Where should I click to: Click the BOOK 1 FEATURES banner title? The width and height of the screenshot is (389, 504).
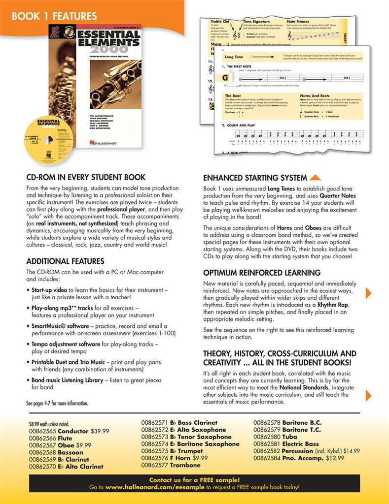pyautogui.click(x=54, y=16)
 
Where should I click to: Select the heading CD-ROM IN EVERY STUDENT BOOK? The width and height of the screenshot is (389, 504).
pyautogui.click(x=86, y=177)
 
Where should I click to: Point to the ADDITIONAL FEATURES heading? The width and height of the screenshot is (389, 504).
pyautogui.click(x=65, y=261)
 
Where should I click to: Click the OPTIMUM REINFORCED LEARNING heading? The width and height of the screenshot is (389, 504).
pyautogui.click(x=262, y=273)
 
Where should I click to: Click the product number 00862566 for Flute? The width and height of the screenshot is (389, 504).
pyautogui.click(x=42, y=438)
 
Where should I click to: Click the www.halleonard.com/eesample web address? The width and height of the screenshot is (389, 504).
pyautogui.click(x=155, y=487)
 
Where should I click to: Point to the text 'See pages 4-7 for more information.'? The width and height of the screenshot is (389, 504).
pyautogui.click(x=57, y=403)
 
